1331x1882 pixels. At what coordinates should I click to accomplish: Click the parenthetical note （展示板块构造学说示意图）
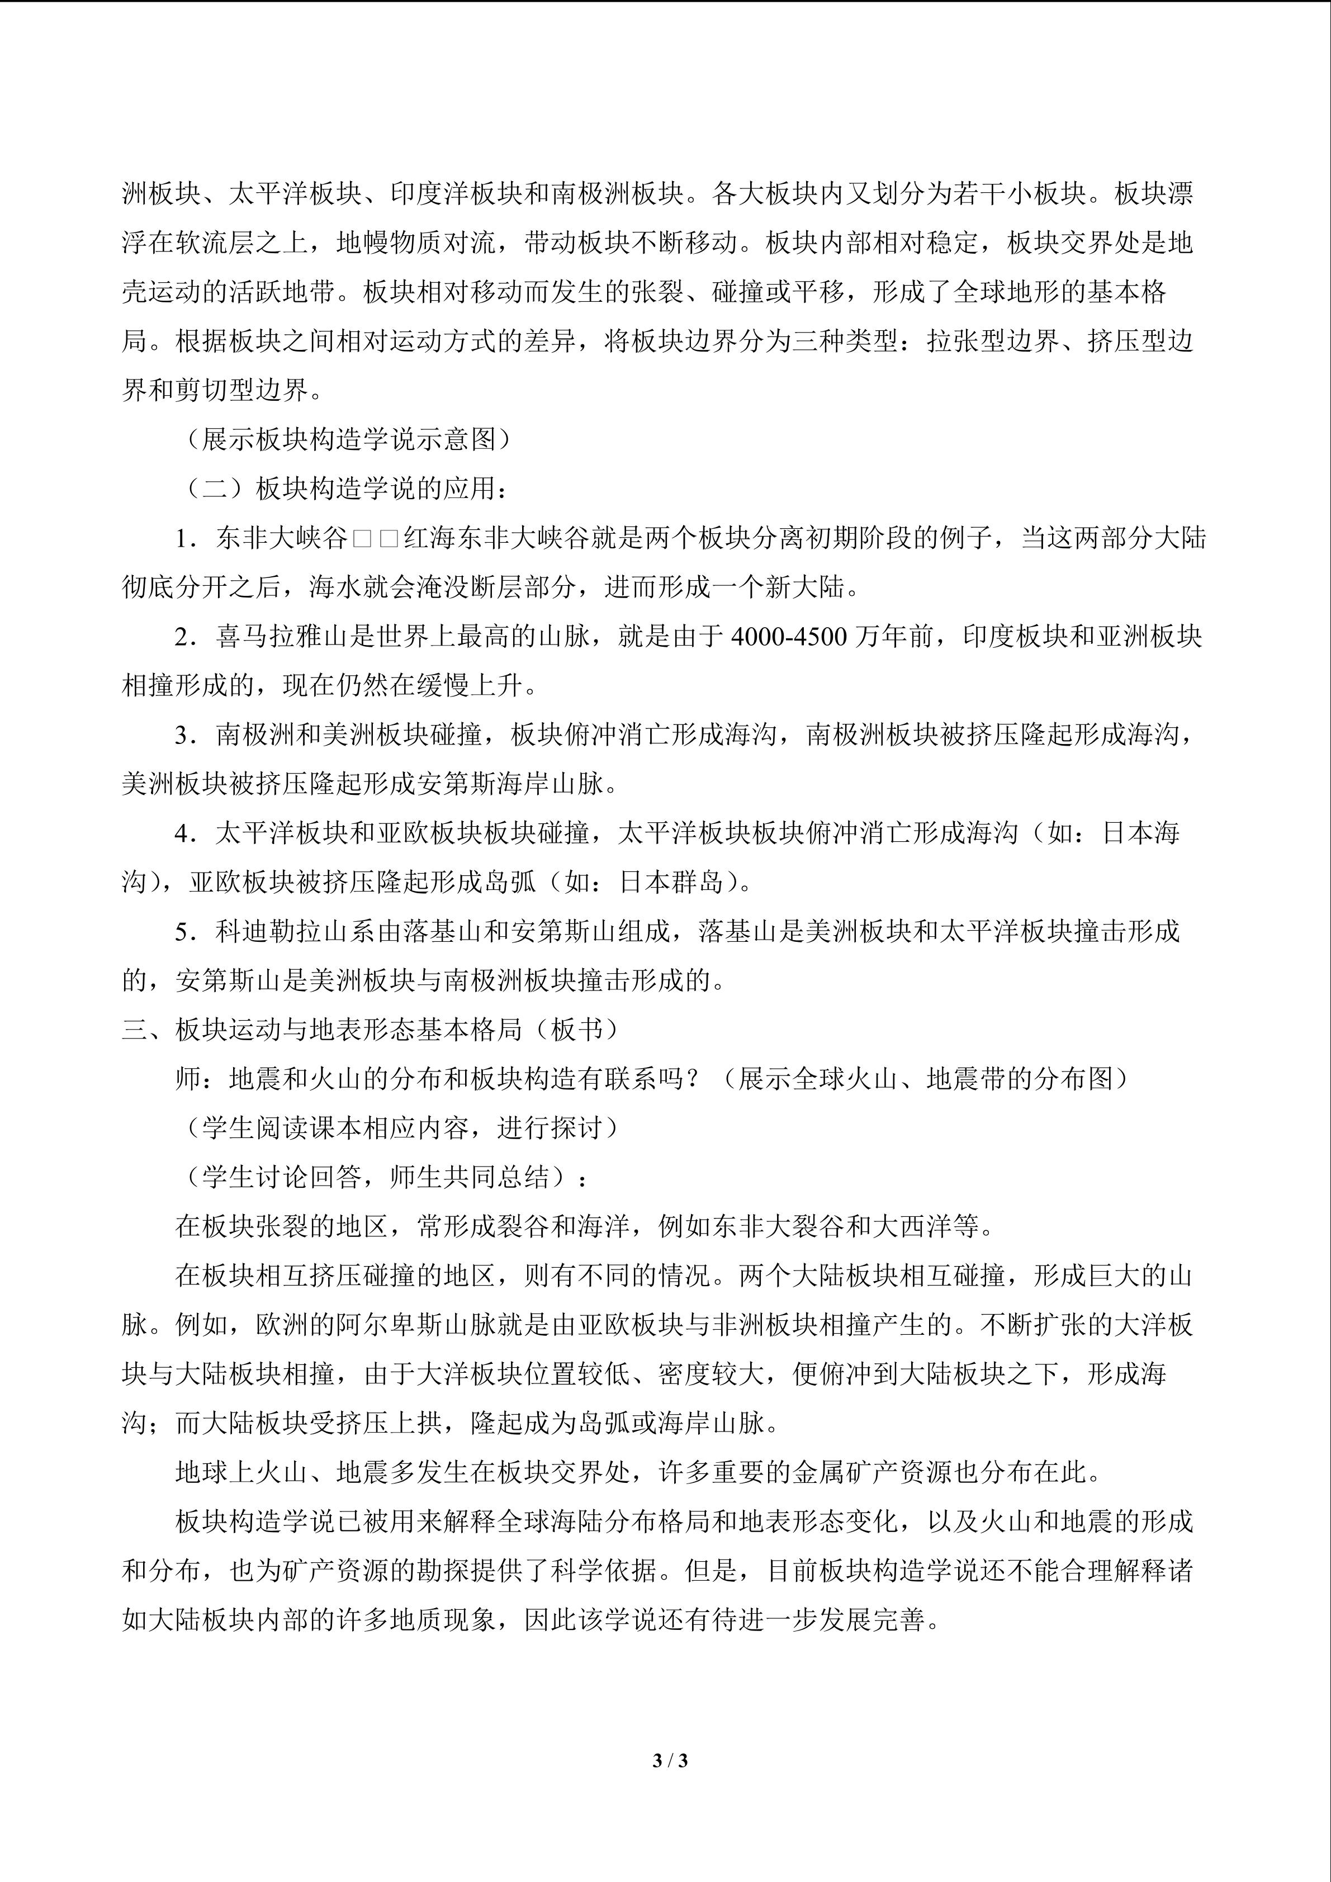coord(348,440)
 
